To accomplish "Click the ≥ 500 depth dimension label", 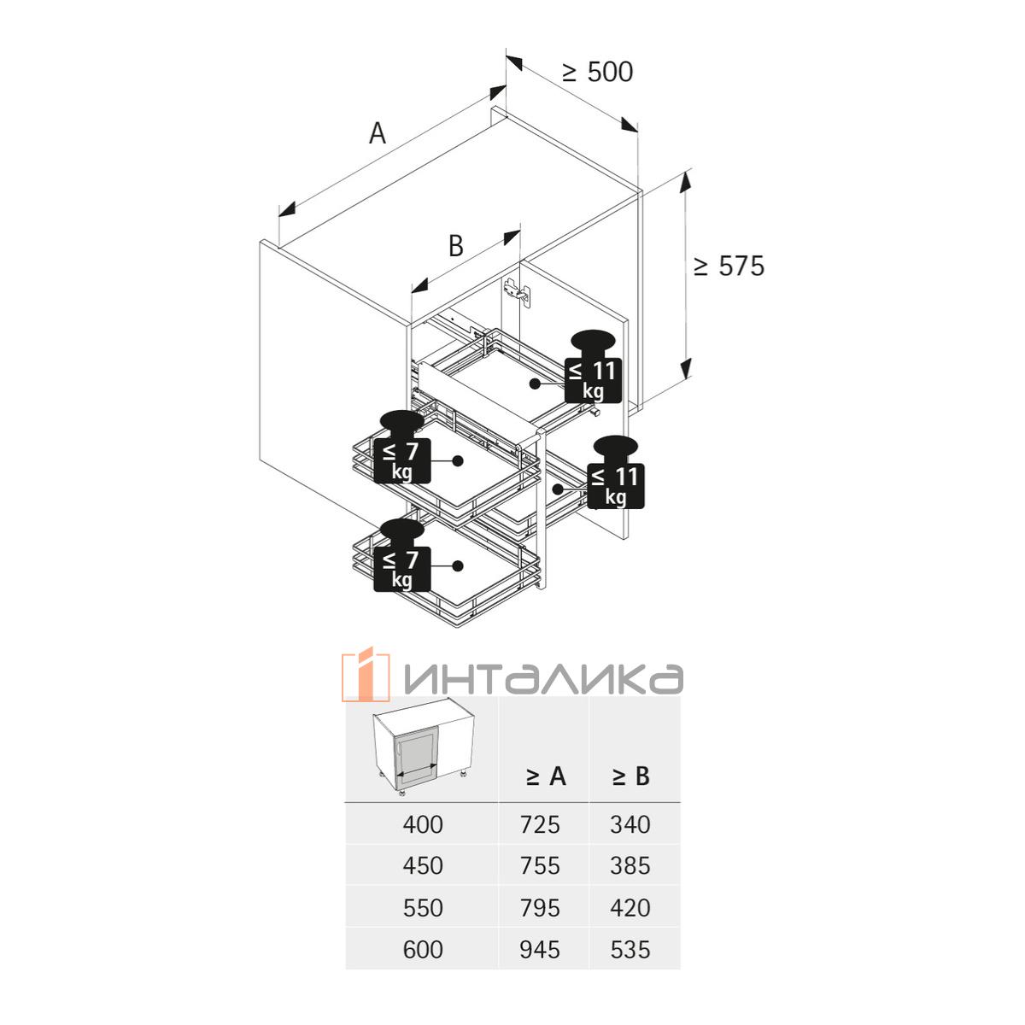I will click(x=598, y=73).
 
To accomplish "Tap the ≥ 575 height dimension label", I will click(x=729, y=266).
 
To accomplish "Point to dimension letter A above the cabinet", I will click(x=377, y=133).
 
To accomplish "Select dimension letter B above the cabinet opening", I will click(x=456, y=246).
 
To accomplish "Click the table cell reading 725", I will click(x=540, y=824).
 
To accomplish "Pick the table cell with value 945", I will click(x=540, y=949).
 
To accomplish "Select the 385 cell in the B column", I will click(x=630, y=866).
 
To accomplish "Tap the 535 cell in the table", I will click(x=630, y=949).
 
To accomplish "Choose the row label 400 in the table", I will click(x=423, y=824).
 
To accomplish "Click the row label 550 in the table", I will click(x=423, y=907).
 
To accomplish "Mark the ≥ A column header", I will click(x=545, y=776).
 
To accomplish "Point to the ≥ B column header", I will click(x=630, y=776).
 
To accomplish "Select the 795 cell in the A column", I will click(x=540, y=907).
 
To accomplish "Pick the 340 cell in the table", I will click(x=630, y=824).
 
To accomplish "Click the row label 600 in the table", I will click(x=423, y=949).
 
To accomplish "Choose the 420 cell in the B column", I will click(x=630, y=907).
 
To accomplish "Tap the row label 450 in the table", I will click(x=423, y=866).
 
